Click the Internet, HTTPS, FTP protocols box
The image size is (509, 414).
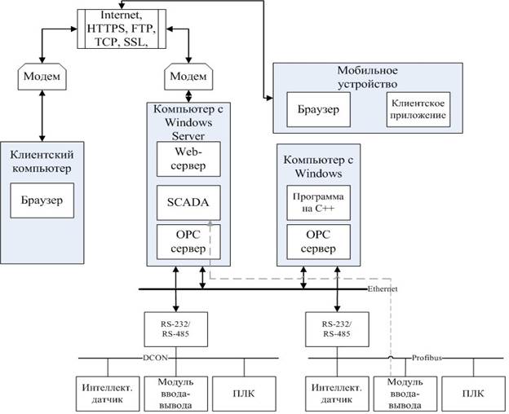click(122, 29)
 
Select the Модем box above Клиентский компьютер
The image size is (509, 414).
click(42, 77)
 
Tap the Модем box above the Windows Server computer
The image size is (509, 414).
click(188, 77)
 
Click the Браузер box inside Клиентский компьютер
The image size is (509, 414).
click(42, 200)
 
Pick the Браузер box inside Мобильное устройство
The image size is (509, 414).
click(318, 109)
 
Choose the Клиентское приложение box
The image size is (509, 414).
click(418, 109)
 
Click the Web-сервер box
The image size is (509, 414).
click(188, 159)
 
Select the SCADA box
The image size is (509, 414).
click(188, 203)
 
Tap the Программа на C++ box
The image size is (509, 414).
click(318, 203)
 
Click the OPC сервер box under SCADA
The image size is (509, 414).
click(188, 242)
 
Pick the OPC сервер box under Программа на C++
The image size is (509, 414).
click(318, 242)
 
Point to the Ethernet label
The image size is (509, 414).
click(382, 288)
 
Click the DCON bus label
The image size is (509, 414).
click(156, 358)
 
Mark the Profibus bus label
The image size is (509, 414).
click(427, 358)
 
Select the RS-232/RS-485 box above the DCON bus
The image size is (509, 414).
click(176, 329)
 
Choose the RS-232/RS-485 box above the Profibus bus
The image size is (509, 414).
click(337, 329)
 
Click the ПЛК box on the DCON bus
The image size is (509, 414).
click(244, 394)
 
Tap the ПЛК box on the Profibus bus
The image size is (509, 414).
click(474, 394)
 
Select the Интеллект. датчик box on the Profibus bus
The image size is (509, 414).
click(337, 394)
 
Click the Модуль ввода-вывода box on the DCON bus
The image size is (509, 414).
click(176, 394)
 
